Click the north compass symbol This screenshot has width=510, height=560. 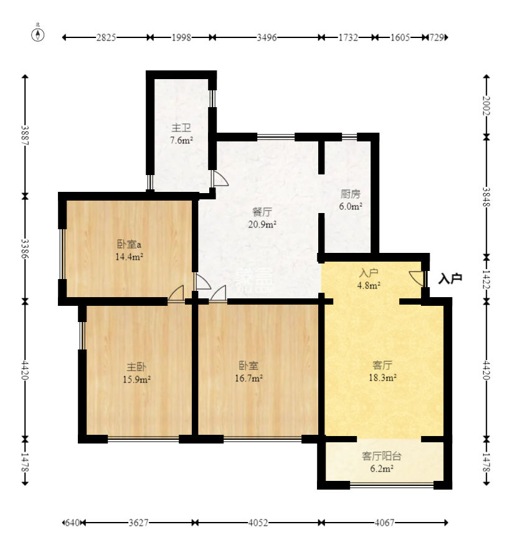pyautogui.click(x=38, y=34)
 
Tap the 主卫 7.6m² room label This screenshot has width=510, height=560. pyautogui.click(x=181, y=133)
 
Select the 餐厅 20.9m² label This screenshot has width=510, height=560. pyautogui.click(x=263, y=218)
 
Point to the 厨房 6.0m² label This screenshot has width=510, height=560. pyautogui.click(x=351, y=200)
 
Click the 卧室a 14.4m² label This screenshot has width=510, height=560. pyautogui.click(x=130, y=250)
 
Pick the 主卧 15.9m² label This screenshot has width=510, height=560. pyautogui.click(x=136, y=373)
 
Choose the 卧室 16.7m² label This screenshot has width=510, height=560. pyautogui.click(x=249, y=372)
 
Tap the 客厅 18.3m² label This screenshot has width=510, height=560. pyautogui.click(x=383, y=371)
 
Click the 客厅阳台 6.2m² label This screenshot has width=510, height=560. pyautogui.click(x=382, y=462)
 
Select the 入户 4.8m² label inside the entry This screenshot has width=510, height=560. pyautogui.click(x=369, y=279)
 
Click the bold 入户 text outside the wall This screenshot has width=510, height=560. pyautogui.click(x=451, y=278)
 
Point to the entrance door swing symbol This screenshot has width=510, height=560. pyautogui.click(x=416, y=278)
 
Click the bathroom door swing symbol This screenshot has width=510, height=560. pyautogui.click(x=220, y=178)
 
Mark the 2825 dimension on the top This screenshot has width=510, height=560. pyautogui.click(x=106, y=37)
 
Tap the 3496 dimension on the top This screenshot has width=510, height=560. pyautogui.click(x=267, y=37)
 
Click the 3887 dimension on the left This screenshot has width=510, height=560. pyautogui.click(x=25, y=135)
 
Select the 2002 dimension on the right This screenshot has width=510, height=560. pyautogui.click(x=486, y=106)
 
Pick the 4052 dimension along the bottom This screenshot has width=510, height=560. pyautogui.click(x=258, y=523)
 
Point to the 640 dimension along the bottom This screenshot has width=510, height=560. pyautogui.click(x=72, y=523)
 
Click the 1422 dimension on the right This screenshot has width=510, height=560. pyautogui.click(x=486, y=279)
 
